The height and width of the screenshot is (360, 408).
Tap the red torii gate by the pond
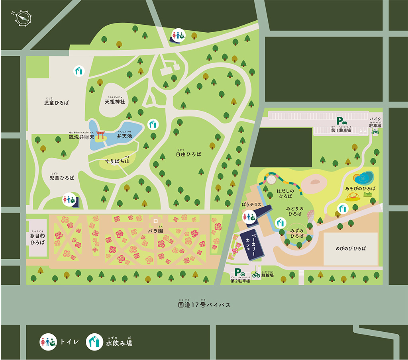[100, 135]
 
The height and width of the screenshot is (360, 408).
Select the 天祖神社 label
[115, 102]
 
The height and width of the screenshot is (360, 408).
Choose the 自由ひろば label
[189, 154]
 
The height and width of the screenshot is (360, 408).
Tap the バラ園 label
[155, 231]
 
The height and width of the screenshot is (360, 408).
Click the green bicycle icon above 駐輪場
[256, 274]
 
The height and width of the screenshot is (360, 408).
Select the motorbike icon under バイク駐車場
[375, 131]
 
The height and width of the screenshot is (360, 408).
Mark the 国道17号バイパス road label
[204, 305]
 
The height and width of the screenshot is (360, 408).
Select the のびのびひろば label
[351, 248]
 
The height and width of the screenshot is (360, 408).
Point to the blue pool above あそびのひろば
[363, 177]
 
